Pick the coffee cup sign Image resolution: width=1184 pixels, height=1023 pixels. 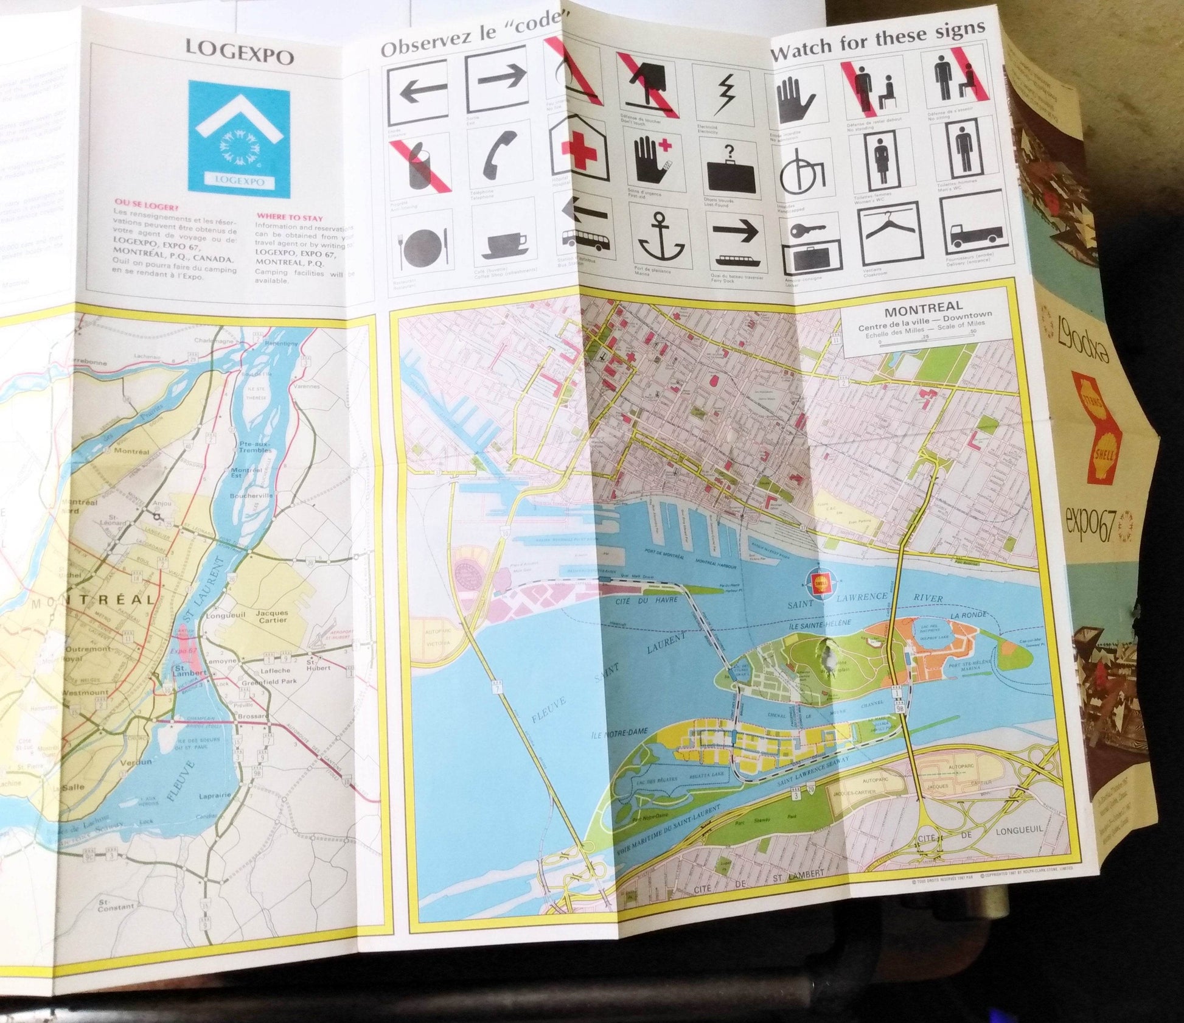pyautogui.click(x=504, y=245)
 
